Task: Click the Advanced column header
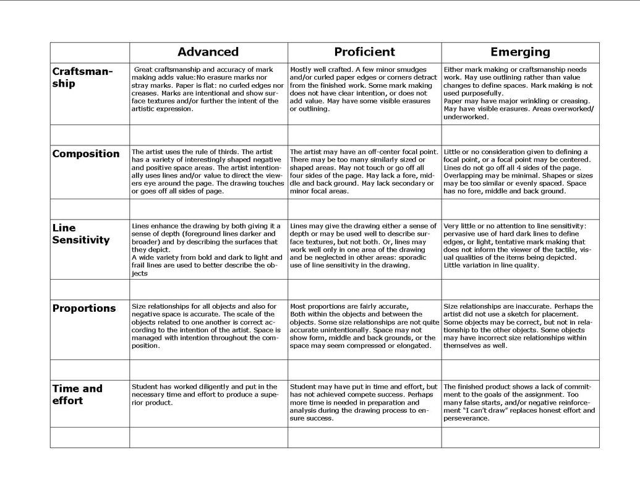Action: [208, 52]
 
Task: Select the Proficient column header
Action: [364, 52]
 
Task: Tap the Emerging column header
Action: [520, 52]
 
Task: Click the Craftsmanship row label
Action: [82, 77]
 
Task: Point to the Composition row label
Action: [86, 154]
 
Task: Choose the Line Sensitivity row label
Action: [80, 234]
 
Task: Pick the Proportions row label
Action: [83, 308]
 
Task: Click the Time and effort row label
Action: [77, 394]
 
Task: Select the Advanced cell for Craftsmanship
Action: [208, 89]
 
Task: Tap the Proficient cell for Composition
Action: [364, 171]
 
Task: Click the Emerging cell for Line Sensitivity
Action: [520, 246]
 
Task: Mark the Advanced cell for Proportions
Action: [208, 326]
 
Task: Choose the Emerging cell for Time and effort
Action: [520, 402]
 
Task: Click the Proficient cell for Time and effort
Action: [364, 402]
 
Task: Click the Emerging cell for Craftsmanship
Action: [520, 93]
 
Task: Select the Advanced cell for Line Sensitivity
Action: [208, 249]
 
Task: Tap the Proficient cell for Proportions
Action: [364, 326]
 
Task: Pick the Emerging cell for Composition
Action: [520, 171]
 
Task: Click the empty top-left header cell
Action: [90, 52]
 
